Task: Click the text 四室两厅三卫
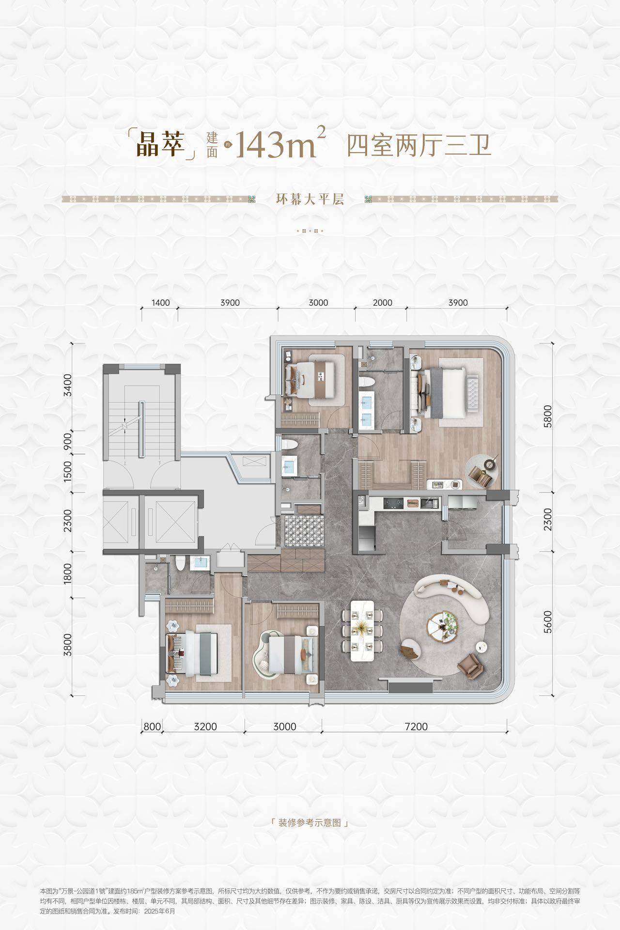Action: click(x=419, y=144)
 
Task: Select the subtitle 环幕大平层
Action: click(x=310, y=199)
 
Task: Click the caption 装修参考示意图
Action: click(x=310, y=823)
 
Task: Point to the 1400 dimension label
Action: click(x=161, y=303)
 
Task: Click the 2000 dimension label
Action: click(x=383, y=303)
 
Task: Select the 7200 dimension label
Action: click(x=416, y=727)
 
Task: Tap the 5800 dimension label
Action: click(x=548, y=417)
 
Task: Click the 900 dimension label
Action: click(x=67, y=441)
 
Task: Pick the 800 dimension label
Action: click(x=152, y=727)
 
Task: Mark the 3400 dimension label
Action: click(x=67, y=385)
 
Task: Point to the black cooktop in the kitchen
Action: click(x=392, y=503)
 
